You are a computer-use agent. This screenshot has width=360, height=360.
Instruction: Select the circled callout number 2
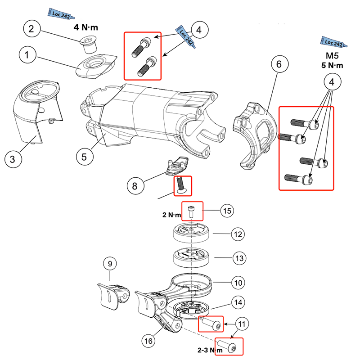31,29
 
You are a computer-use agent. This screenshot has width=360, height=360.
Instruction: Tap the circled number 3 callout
13,159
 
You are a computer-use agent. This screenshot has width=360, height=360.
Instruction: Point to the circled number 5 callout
84,157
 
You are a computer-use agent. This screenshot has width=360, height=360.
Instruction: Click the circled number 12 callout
237,234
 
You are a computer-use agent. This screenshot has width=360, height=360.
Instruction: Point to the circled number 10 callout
238,283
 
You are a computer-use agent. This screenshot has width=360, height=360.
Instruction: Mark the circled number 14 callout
238,302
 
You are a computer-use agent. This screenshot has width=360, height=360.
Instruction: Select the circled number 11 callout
242,324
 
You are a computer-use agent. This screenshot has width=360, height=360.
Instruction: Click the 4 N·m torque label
86,27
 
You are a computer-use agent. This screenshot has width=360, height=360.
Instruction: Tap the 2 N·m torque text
171,215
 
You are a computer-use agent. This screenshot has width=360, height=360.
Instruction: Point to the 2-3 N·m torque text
210,350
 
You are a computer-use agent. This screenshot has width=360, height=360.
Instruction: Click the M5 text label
331,57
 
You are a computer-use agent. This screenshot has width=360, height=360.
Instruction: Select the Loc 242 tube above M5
333,43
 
